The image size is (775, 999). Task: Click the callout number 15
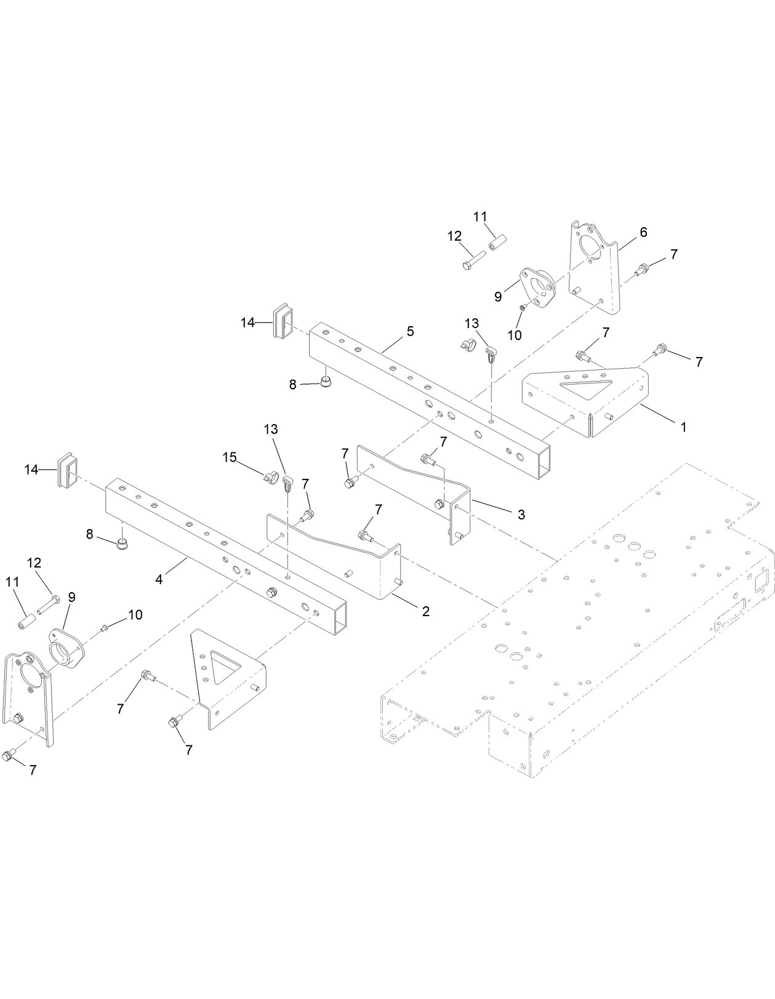click(x=230, y=457)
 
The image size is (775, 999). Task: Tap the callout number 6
click(x=643, y=232)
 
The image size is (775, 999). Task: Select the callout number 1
click(x=683, y=426)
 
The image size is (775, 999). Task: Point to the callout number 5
click(x=410, y=331)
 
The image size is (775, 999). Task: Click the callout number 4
click(x=159, y=579)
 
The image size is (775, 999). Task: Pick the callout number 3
click(x=521, y=515)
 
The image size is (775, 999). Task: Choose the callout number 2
click(x=425, y=611)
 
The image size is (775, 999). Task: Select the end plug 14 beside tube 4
click(x=68, y=471)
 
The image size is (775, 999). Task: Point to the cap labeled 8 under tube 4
click(x=121, y=542)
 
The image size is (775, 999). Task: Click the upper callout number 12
click(x=454, y=236)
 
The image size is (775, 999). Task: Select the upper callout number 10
click(x=514, y=335)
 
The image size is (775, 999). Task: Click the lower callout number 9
click(x=72, y=596)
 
